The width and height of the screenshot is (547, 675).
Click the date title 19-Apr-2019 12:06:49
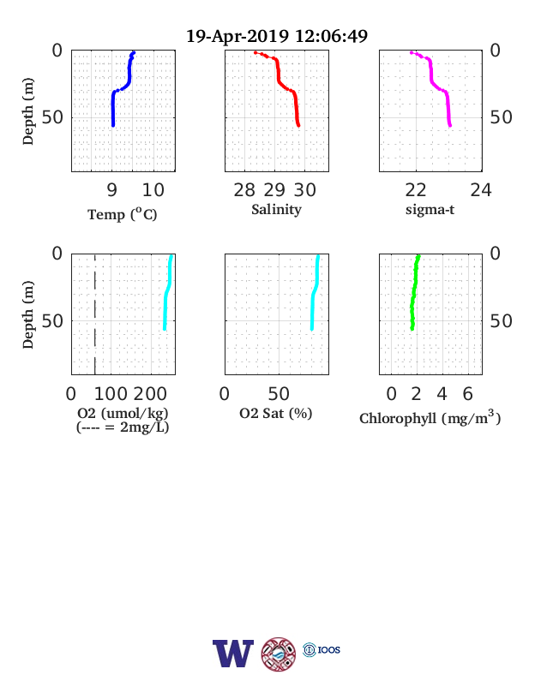(277, 36)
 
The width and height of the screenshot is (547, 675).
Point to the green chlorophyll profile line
(415, 293)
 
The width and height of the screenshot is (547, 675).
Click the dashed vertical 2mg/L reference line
(95, 314)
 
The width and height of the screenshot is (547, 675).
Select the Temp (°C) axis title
(123, 213)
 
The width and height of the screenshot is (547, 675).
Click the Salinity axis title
(277, 210)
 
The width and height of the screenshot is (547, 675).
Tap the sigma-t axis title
(430, 210)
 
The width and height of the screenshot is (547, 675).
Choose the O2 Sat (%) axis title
(276, 414)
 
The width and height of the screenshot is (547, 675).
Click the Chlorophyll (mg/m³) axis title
(430, 417)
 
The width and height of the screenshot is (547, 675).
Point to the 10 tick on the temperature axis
(153, 190)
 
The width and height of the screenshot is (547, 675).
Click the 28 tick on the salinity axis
(244, 190)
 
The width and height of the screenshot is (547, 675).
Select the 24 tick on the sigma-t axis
(481, 190)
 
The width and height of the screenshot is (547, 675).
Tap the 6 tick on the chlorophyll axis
(468, 394)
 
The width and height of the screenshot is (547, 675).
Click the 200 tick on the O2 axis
(150, 394)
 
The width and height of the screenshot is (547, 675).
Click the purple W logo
(233, 654)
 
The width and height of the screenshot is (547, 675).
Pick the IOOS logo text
(329, 649)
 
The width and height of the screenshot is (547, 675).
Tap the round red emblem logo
(279, 654)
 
